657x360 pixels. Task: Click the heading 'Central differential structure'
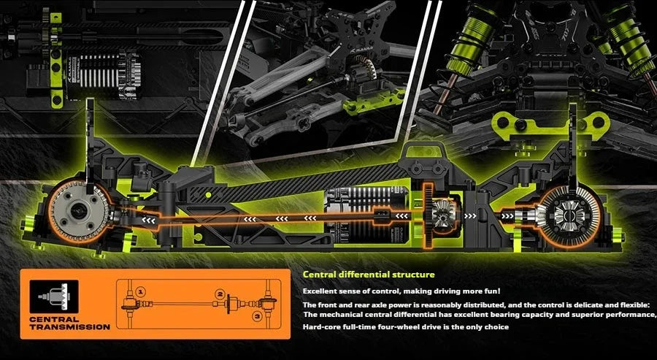tap(369, 275)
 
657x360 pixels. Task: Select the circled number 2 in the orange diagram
tap(218, 293)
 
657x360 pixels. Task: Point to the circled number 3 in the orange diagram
tap(257, 316)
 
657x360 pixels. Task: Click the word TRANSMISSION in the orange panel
tap(70, 326)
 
